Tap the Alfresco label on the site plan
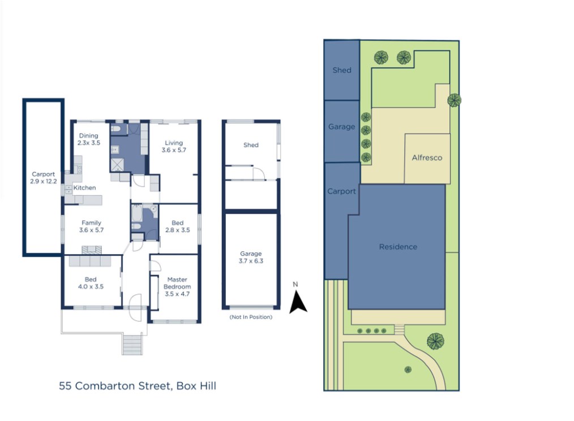[x=427, y=158]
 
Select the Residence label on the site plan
[x=398, y=247]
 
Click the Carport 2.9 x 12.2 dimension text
[x=43, y=178]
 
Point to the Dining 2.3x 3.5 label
[x=88, y=139]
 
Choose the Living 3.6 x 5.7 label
[x=174, y=147]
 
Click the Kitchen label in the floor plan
[x=84, y=188]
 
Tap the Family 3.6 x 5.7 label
[x=91, y=226]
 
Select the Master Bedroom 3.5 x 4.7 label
[x=177, y=287]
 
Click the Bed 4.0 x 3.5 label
[x=91, y=283]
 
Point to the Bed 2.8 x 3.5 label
[x=178, y=226]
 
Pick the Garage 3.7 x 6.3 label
[x=251, y=257]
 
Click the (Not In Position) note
[x=251, y=317]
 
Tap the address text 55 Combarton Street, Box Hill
[x=138, y=386]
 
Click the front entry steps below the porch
[x=132, y=344]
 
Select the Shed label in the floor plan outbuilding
[x=251, y=145]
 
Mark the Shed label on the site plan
[x=342, y=70]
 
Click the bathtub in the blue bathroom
[x=137, y=213]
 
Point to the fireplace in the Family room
[x=92, y=250]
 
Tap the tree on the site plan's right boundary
[x=454, y=100]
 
